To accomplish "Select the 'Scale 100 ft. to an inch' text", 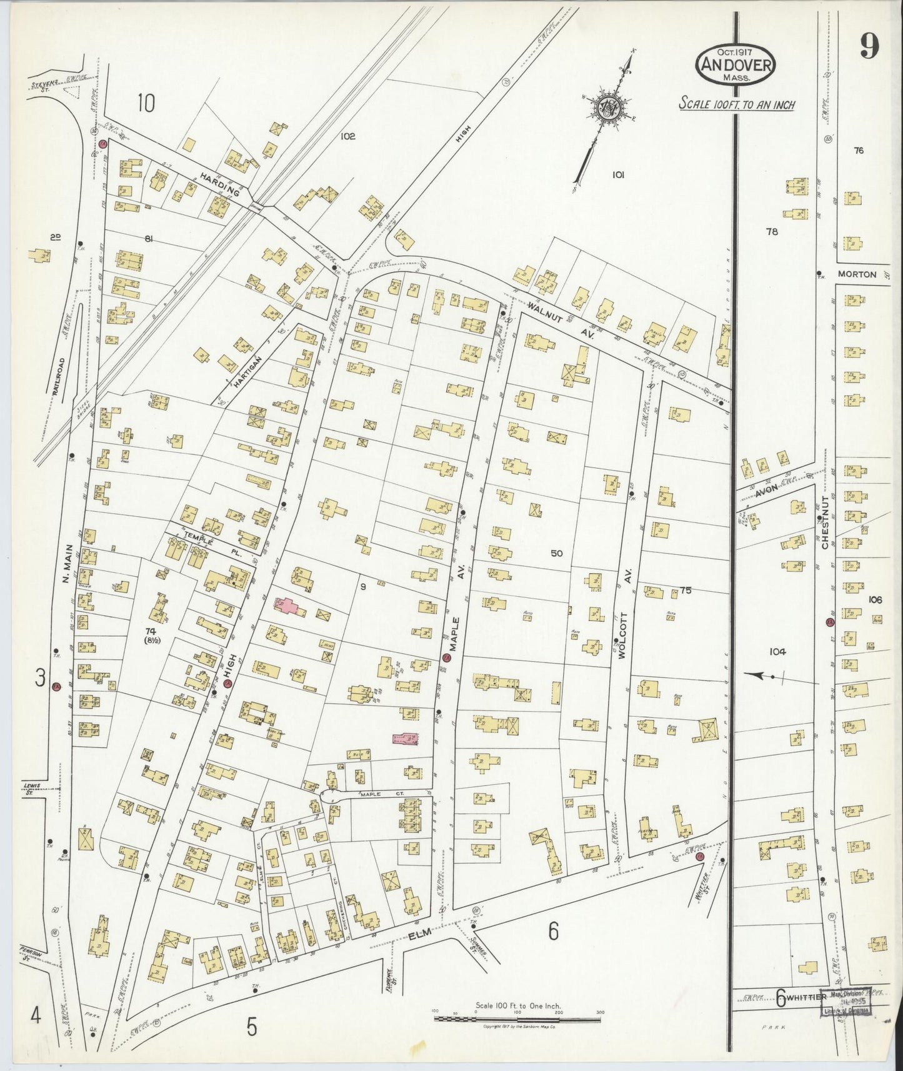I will (737, 104).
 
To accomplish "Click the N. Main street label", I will (69, 564).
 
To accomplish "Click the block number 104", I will (777, 652).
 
